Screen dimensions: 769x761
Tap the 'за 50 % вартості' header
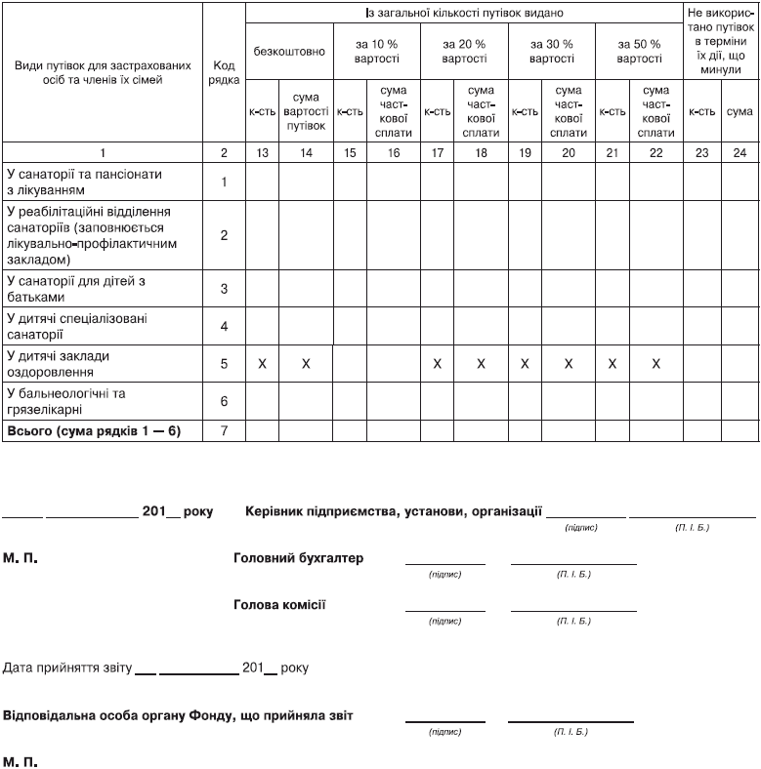[x=639, y=52]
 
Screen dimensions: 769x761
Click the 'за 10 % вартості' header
[x=376, y=52]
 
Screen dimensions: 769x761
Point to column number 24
[x=740, y=152]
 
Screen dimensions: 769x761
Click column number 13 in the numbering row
[x=262, y=152]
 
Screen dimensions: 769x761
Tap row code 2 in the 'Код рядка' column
[x=224, y=235]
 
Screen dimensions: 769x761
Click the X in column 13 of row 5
[x=262, y=364]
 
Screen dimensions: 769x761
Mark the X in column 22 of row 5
[x=656, y=364]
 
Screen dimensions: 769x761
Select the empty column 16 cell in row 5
[x=394, y=364]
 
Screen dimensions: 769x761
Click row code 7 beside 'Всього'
[x=224, y=430]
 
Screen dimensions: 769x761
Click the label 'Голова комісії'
[x=279, y=605]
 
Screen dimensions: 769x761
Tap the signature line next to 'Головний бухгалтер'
[x=444, y=562]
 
